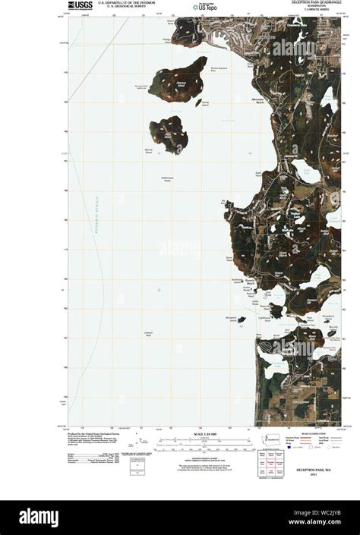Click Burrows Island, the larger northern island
[x=178, y=79]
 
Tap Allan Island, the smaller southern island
[x=169, y=133]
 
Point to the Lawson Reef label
[x=147, y=334]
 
